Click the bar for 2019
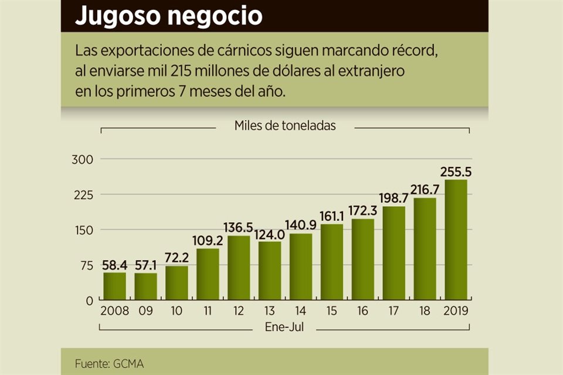pyautogui.click(x=456, y=240)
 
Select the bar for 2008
pyautogui.click(x=114, y=286)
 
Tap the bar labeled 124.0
pyautogui.click(x=270, y=271)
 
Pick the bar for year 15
pyautogui.click(x=332, y=262)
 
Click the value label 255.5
pyautogui.click(x=456, y=172)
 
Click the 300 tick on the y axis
pyautogui.click(x=82, y=159)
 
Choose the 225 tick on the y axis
pyautogui.click(x=82, y=195)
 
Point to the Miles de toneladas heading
pyautogui.click(x=285, y=125)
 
